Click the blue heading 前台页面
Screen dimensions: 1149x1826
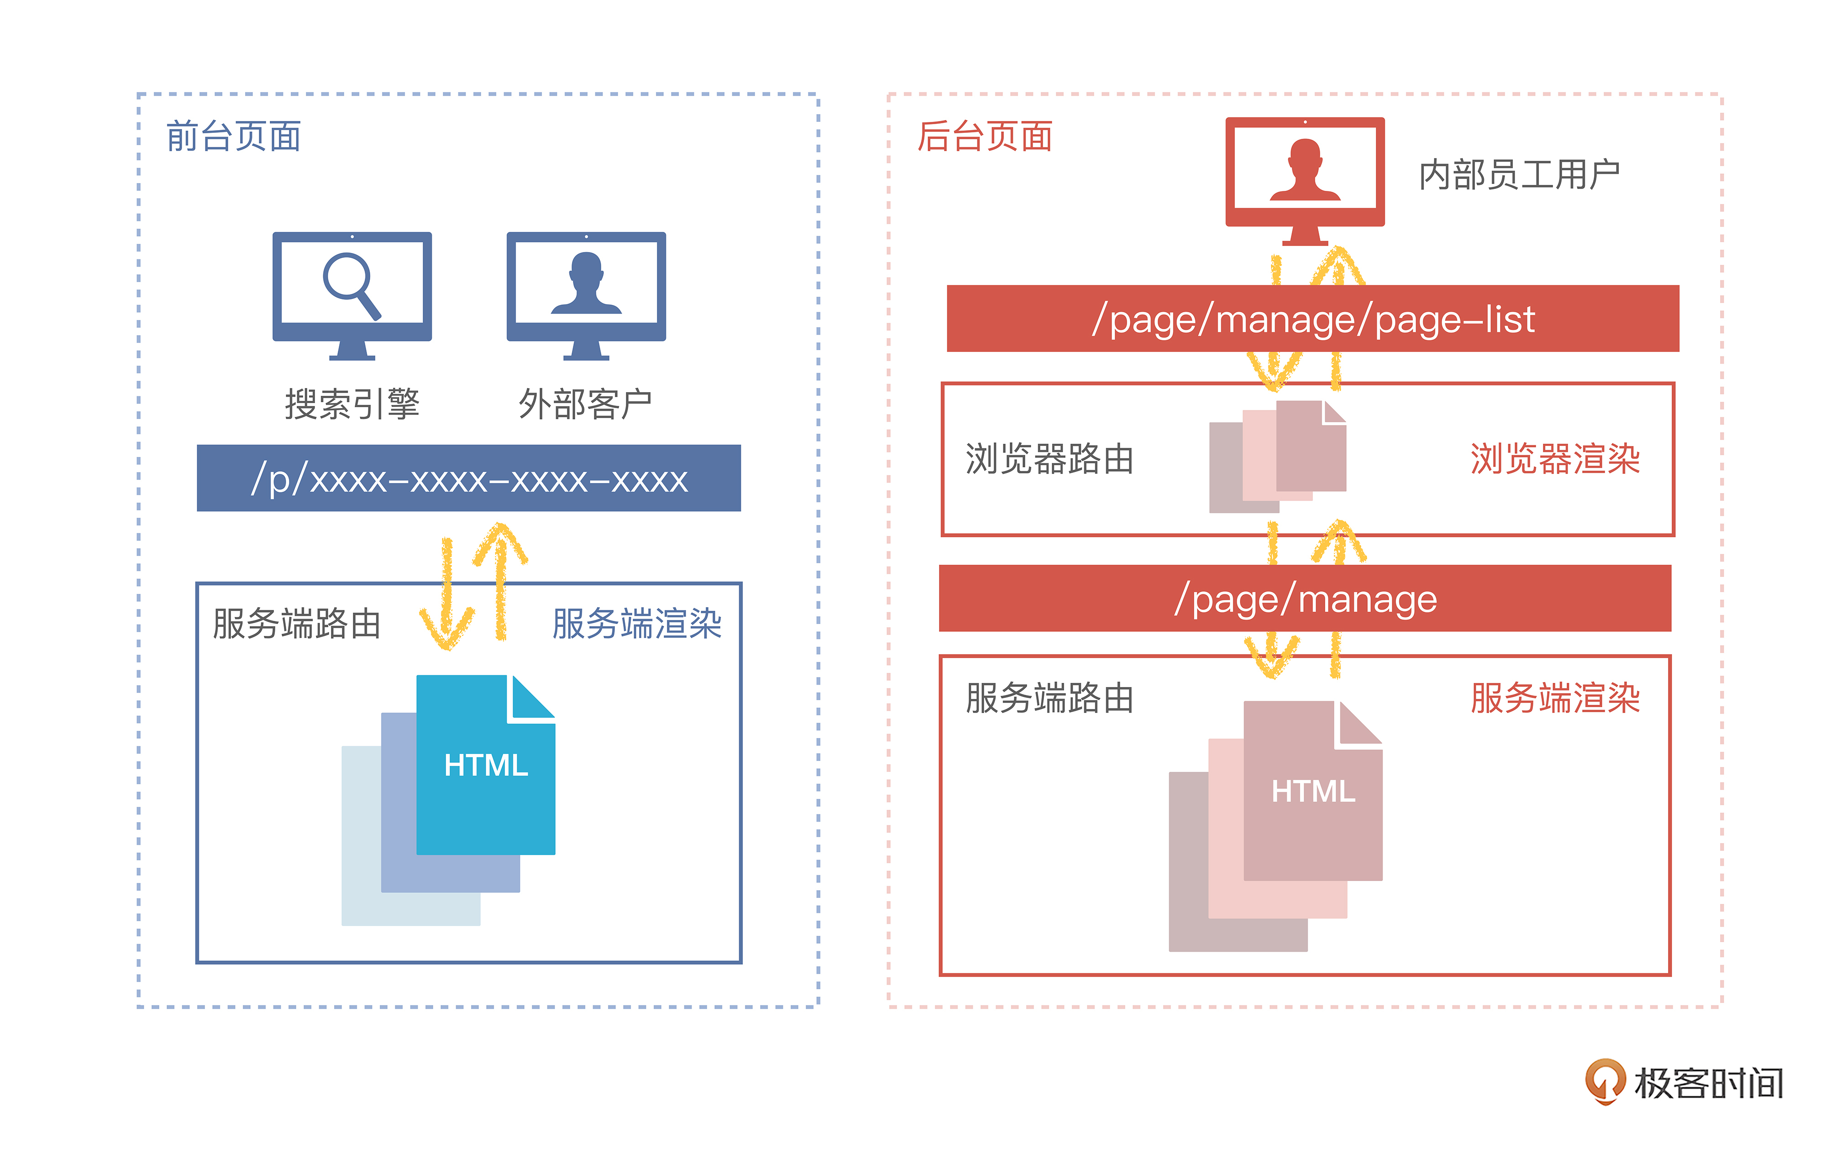coord(234,136)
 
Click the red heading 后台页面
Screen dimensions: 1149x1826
coord(984,136)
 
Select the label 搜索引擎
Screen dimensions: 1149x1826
coord(352,404)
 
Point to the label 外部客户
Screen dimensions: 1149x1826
coord(585,404)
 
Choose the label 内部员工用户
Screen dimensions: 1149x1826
coord(1519,174)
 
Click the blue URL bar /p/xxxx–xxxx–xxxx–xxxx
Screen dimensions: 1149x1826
coord(469,478)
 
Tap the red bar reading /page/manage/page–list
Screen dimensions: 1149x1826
coord(1312,319)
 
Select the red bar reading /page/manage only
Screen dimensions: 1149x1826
coord(1304,598)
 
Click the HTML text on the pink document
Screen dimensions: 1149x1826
coord(1312,791)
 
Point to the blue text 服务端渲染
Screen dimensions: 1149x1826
coord(636,624)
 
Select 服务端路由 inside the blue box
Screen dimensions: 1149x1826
coord(297,624)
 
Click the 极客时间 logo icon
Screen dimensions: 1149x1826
coord(1605,1081)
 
